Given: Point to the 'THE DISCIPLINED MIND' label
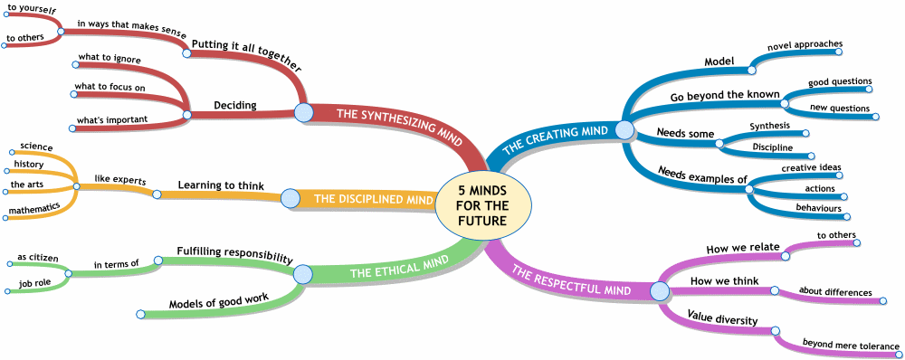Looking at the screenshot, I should coord(374,199).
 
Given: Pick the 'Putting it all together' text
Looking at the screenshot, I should coord(246,55).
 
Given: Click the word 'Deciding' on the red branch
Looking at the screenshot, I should coord(235,105).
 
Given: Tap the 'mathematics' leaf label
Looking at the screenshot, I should coord(35,207).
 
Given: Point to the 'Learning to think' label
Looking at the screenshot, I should coord(221,186).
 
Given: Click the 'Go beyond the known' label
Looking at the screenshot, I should coord(724,94).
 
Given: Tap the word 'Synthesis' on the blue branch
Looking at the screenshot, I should coord(770,125).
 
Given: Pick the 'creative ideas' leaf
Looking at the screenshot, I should coord(811,167).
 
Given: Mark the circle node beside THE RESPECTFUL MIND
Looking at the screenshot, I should coord(659,291).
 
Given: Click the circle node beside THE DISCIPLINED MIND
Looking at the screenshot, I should coord(290,198).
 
